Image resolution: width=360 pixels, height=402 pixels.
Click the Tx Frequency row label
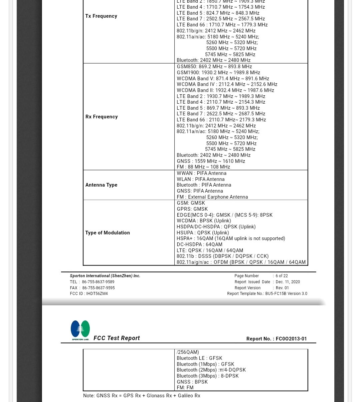[x=101, y=16]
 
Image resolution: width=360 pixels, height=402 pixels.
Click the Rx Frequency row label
[x=101, y=117]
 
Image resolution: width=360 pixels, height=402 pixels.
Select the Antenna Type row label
[x=101, y=185]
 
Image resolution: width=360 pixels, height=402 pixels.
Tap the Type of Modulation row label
[x=107, y=233]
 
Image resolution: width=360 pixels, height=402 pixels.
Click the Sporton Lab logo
[x=80, y=330]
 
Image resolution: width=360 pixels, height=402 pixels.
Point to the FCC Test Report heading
[x=116, y=338]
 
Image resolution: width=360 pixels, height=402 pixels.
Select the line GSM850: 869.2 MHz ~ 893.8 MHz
[x=214, y=67]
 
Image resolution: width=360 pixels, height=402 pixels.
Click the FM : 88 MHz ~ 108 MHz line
[x=203, y=167]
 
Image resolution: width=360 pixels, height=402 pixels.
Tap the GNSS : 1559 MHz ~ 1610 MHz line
[x=211, y=161]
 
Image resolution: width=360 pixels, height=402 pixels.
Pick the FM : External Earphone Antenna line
[x=212, y=197]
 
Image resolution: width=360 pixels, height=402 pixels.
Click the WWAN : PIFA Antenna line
[x=201, y=173]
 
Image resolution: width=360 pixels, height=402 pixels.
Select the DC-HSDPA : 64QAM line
[x=199, y=244]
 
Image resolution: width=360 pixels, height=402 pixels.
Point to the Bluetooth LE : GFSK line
[x=199, y=358]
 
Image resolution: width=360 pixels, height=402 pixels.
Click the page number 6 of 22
[x=281, y=276]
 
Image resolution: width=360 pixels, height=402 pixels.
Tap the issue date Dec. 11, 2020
[x=287, y=282]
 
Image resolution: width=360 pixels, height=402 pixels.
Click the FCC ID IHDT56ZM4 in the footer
[x=89, y=294]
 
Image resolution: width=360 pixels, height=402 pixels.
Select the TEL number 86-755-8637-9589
[x=98, y=282]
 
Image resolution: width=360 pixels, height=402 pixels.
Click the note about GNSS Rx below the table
[x=142, y=396]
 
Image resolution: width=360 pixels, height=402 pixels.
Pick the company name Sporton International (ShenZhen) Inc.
[x=105, y=276]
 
